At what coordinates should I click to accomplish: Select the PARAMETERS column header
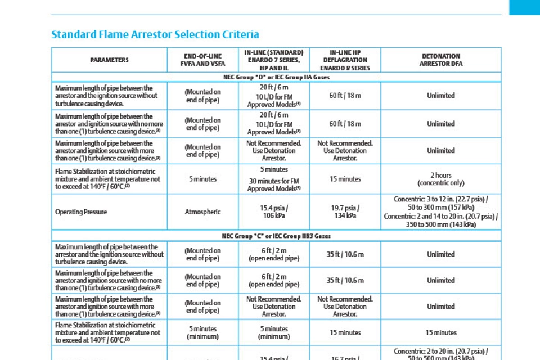click(109, 60)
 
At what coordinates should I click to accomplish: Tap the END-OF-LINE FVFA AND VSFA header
click(202, 60)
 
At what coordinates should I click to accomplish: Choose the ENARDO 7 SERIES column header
click(274, 60)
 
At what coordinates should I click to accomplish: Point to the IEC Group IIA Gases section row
click(276, 77)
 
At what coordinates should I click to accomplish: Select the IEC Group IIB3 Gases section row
click(276, 236)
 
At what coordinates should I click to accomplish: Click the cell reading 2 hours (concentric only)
click(440, 179)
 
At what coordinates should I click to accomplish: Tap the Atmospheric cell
click(202, 212)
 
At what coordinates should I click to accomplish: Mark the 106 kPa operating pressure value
click(274, 216)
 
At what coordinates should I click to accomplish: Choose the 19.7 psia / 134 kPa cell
click(345, 212)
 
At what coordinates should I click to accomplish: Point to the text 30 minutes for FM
click(274, 181)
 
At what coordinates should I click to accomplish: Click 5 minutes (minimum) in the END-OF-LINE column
click(202, 332)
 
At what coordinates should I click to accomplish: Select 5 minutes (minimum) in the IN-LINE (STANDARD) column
click(274, 332)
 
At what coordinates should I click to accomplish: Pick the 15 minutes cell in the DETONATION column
click(440, 332)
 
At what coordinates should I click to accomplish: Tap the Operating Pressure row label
click(81, 212)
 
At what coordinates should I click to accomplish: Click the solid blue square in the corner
click(524, 7)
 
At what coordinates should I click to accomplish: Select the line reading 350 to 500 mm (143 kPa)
click(440, 224)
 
